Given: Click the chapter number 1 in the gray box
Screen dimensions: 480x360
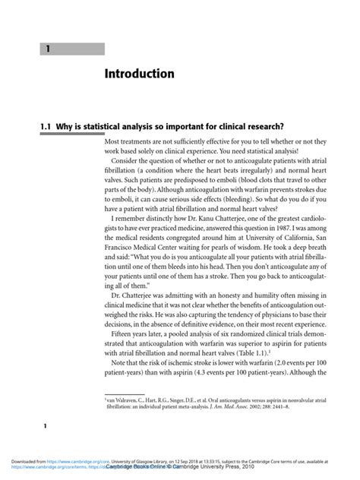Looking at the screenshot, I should click(x=47, y=49).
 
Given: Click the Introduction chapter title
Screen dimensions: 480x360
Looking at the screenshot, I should click(x=140, y=74).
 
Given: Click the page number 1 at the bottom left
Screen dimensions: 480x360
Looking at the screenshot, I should click(x=45, y=427).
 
